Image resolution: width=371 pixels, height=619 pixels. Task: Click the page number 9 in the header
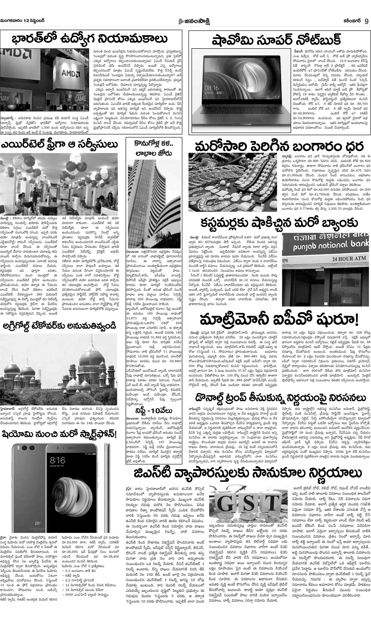[x=366, y=21]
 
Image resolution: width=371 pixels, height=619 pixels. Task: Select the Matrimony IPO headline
[x=279, y=320]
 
